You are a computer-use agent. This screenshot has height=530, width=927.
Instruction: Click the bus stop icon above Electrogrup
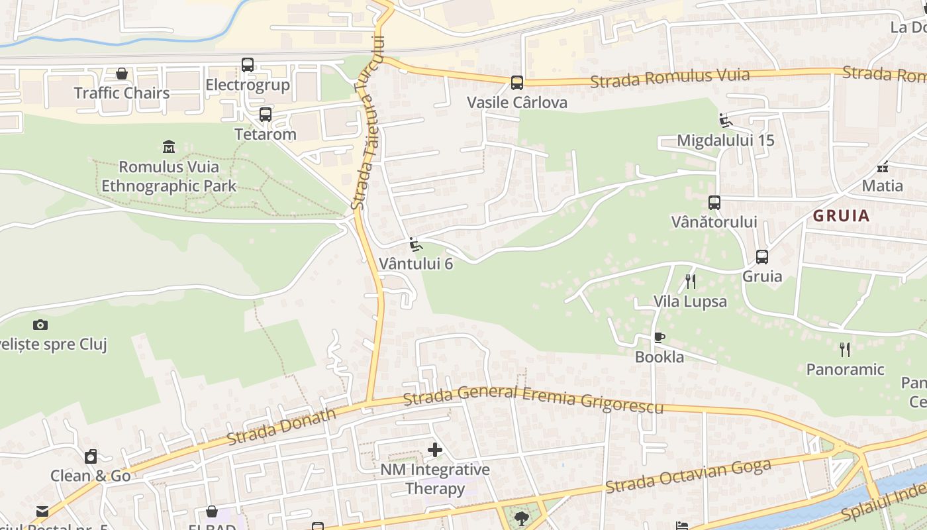(248, 65)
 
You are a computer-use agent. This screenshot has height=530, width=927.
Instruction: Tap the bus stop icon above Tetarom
(266, 114)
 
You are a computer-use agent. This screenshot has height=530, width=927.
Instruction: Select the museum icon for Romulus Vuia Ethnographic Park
(169, 146)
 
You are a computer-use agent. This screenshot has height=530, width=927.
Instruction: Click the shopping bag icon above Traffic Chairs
(122, 73)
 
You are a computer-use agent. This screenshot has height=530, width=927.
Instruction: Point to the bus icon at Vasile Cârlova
(517, 83)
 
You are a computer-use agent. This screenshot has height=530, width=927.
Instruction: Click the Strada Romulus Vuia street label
(669, 78)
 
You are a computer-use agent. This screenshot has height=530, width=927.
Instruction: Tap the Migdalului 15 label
(726, 140)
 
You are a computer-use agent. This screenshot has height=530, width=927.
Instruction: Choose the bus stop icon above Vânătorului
(714, 203)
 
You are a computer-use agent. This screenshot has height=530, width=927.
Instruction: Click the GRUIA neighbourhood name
(841, 216)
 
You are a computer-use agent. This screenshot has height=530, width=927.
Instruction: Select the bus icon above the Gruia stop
(762, 257)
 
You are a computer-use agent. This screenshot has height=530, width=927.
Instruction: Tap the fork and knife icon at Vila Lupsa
(691, 282)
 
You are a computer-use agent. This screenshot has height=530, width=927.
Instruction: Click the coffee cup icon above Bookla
(659, 337)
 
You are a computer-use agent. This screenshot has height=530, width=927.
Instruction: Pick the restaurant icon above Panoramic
(845, 349)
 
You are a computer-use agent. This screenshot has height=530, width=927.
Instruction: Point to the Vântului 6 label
(416, 264)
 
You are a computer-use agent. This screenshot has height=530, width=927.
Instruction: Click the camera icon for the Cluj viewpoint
(40, 325)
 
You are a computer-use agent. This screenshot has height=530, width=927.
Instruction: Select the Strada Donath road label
(281, 426)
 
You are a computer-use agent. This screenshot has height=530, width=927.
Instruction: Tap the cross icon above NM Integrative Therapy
(435, 450)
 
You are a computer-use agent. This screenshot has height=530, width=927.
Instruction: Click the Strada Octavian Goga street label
(689, 476)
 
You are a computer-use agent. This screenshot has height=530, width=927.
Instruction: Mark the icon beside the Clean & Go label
(91, 456)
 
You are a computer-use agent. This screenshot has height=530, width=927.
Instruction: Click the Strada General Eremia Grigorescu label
(533, 398)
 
